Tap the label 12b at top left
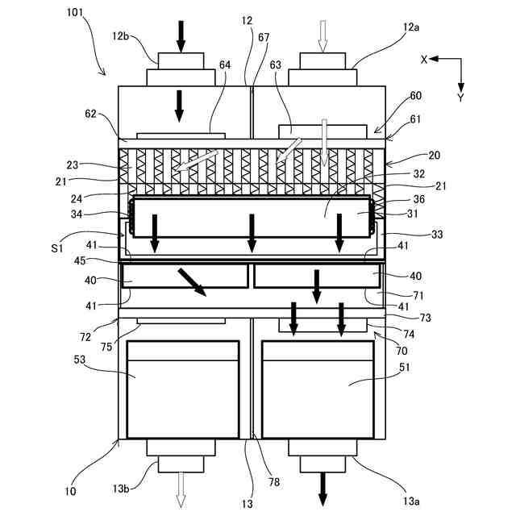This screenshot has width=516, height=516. tap(121, 36)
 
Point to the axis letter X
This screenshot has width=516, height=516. tap(423, 59)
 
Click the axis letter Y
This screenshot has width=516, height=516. tap(460, 98)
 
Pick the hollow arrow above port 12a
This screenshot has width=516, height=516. tap(322, 37)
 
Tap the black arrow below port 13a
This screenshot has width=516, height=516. tap(322, 487)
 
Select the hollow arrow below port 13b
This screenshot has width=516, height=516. tap(181, 487)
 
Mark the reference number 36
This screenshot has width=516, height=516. tap(397, 199)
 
